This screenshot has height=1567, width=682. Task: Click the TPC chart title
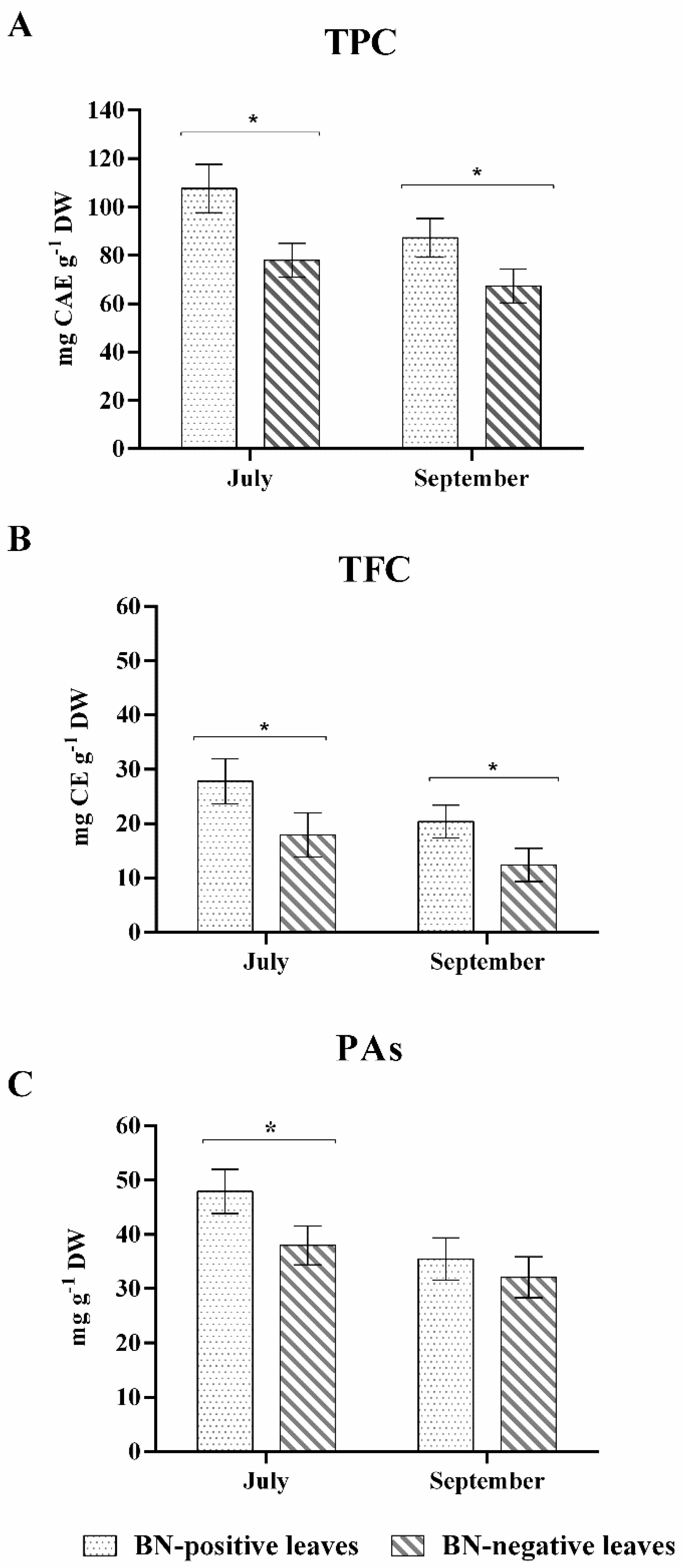point(360,43)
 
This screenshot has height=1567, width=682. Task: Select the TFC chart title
point(374,570)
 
